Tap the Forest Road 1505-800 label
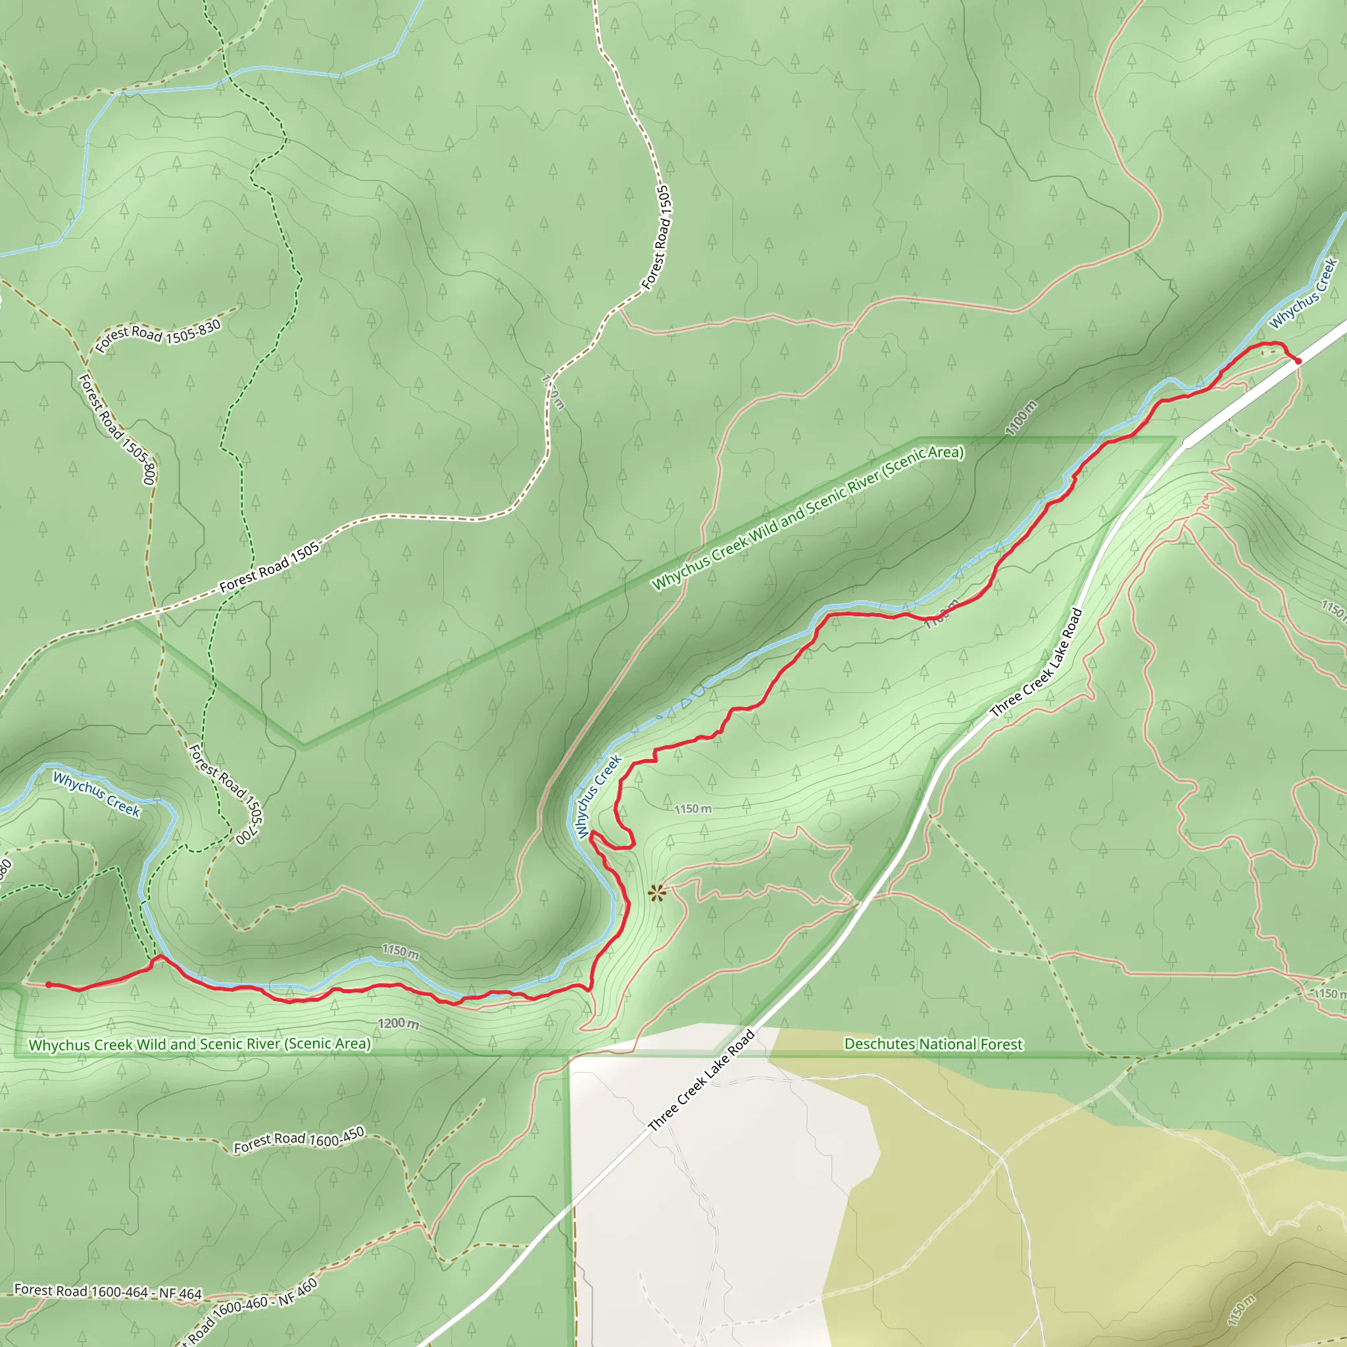point(116,429)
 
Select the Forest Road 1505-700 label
point(227,795)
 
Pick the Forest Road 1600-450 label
point(299,1140)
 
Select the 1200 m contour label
point(398,1023)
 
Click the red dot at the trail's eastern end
point(1298,360)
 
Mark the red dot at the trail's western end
point(49,985)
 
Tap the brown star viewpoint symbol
point(656,893)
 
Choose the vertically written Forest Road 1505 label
point(657,237)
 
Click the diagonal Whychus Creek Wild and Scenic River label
point(808,518)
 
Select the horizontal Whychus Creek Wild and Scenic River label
point(199,1044)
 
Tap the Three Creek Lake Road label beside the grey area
point(701,1080)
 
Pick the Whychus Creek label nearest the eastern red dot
point(1302,293)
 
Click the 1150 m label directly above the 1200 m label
point(400,952)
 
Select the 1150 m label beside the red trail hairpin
point(693,809)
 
